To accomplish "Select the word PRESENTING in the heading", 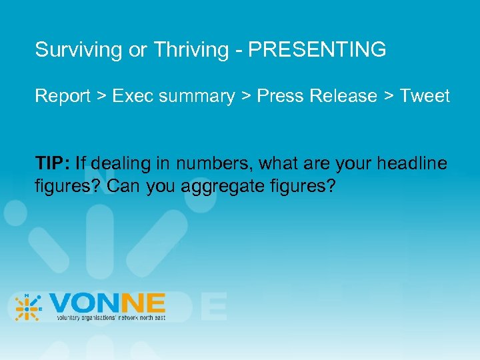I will coord(317,49).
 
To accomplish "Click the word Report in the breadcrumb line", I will coord(63,96).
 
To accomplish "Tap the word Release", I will coord(341,96).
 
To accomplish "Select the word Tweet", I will coord(425,96).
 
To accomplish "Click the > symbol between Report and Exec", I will coord(101,97).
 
